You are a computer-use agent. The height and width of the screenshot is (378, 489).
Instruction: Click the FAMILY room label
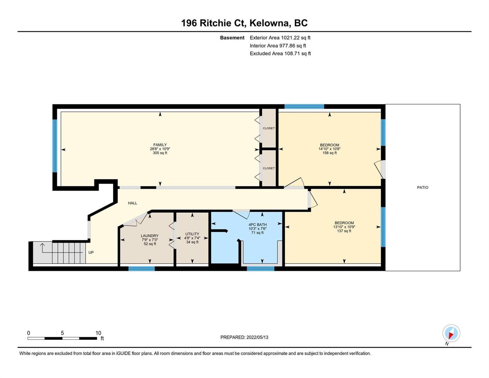click(x=160, y=145)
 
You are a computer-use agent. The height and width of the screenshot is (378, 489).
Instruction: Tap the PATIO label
click(x=422, y=187)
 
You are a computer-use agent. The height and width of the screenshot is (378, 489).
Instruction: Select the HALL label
click(x=133, y=203)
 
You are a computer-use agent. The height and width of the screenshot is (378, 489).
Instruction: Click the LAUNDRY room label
click(x=150, y=236)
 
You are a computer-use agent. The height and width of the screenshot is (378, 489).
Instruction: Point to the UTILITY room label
click(x=192, y=234)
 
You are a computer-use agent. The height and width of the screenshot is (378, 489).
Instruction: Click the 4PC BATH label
click(x=258, y=225)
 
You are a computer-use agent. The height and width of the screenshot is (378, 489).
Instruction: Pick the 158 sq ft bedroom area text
click(x=329, y=153)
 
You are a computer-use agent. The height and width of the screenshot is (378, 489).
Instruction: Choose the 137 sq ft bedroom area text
click(x=344, y=231)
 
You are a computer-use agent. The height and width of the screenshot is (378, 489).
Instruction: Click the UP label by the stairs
click(x=91, y=252)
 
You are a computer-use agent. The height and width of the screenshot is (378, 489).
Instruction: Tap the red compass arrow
click(x=451, y=335)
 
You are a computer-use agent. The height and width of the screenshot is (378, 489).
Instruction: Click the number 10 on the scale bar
click(x=98, y=333)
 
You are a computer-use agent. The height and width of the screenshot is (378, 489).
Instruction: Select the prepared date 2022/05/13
click(x=257, y=337)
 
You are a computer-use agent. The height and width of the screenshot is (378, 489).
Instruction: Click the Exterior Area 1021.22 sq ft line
click(x=280, y=37)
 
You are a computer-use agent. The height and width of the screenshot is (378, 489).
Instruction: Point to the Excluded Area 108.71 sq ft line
click(x=280, y=53)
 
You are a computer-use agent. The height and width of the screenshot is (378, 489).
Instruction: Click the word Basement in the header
click(x=232, y=37)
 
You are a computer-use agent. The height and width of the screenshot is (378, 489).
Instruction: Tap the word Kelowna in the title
click(x=269, y=23)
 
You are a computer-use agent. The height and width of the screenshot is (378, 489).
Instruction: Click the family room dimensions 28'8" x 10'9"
click(x=160, y=149)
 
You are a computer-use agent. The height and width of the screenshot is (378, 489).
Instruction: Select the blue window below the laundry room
click(x=142, y=269)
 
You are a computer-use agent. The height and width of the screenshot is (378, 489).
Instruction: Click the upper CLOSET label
click(x=269, y=128)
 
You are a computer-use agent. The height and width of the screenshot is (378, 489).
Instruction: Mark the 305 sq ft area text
click(x=160, y=153)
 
